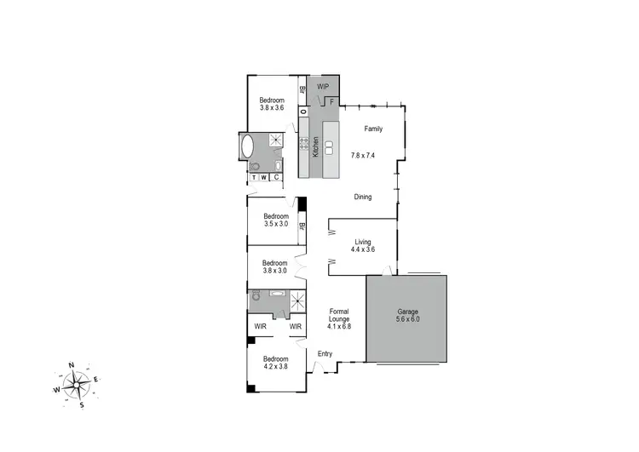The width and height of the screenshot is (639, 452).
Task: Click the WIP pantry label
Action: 323,87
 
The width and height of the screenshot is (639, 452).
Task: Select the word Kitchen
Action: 315,147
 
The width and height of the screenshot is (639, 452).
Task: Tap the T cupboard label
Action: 253,177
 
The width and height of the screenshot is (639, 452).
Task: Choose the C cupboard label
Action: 275,177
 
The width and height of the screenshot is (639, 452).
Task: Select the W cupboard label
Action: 264,177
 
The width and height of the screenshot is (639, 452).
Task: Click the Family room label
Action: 373,129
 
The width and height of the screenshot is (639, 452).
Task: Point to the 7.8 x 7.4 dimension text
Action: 363,155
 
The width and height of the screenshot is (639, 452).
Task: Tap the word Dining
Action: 363,197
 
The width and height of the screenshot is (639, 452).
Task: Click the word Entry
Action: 325,354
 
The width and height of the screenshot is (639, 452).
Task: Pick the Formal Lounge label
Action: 339,318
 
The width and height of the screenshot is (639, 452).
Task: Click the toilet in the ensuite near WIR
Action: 256,299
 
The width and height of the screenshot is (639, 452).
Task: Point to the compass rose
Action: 75,385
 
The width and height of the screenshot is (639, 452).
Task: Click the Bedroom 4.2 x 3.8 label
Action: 275,363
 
